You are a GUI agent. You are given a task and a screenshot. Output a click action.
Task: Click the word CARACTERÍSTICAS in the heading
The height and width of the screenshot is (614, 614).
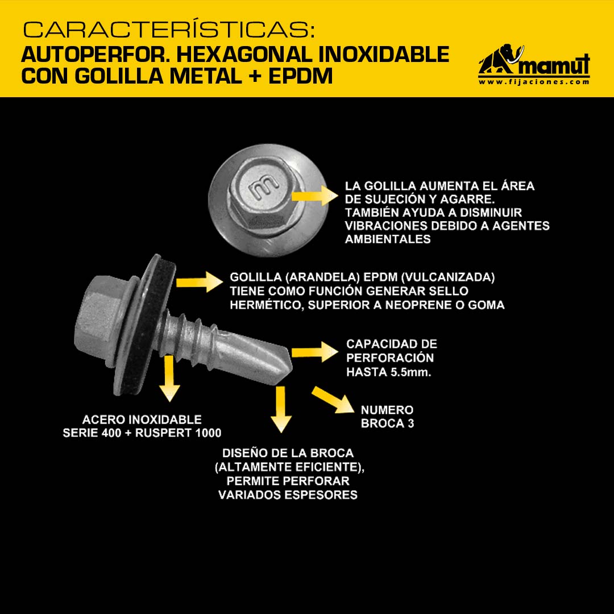pos(168,30)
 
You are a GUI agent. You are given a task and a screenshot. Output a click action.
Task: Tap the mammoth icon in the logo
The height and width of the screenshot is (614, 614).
pos(500,59)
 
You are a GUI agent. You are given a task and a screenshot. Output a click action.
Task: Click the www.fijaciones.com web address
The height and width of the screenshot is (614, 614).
pos(534,82)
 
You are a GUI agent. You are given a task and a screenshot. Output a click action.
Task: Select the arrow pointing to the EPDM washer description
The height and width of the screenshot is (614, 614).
pos(200,282)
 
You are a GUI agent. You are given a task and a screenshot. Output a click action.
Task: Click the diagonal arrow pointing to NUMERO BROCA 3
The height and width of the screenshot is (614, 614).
pos(333,400)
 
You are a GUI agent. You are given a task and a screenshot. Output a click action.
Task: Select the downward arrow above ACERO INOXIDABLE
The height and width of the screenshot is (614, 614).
pos(169,378)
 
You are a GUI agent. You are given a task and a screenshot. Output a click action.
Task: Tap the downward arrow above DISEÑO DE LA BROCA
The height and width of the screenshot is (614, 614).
pos(281,409)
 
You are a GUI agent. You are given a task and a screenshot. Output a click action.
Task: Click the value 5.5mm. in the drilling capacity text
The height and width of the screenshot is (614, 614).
pos(410,372)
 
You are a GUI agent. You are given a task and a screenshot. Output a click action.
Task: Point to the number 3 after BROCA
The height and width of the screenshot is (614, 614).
pos(410,424)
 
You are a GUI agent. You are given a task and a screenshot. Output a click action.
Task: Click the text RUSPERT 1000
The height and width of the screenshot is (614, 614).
pos(178,433)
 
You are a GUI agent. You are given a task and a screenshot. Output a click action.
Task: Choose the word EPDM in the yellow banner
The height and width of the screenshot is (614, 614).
pos(300,76)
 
